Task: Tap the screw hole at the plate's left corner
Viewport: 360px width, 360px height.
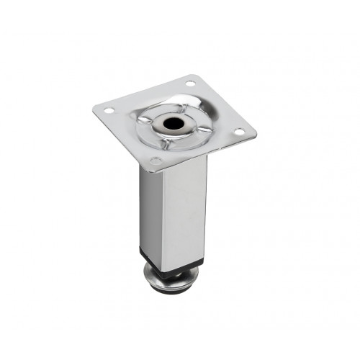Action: click(108, 112)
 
